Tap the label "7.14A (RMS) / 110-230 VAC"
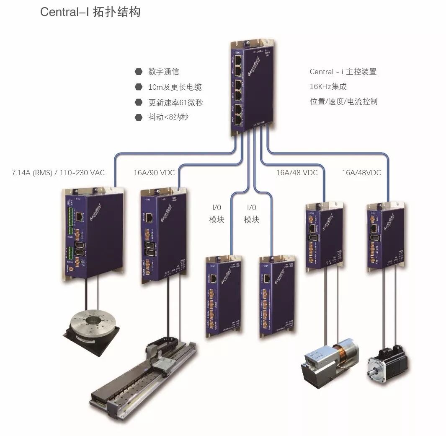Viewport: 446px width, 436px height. click(x=58, y=173)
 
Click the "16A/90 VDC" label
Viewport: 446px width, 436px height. click(x=154, y=173)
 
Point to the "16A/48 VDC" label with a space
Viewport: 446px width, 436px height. click(x=296, y=173)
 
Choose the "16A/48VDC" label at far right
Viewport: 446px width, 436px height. click(x=361, y=173)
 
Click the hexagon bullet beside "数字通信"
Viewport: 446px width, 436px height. click(x=138, y=72)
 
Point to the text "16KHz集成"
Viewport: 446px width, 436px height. click(x=328, y=87)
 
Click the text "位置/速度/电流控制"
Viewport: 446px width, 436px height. click(x=343, y=101)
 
